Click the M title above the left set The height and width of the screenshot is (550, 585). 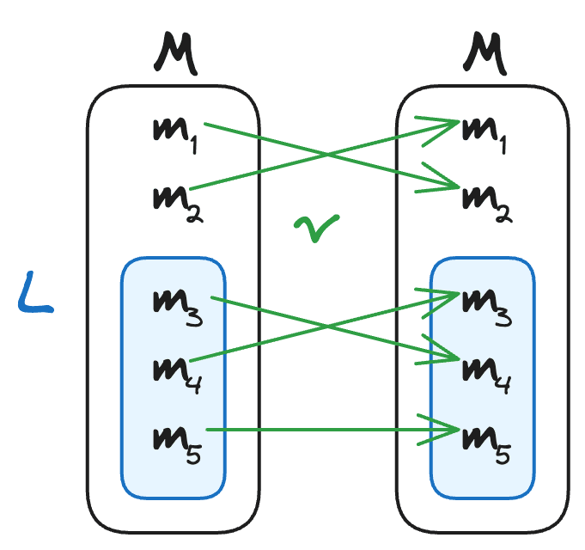(175, 53)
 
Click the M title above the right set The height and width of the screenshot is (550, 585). (484, 53)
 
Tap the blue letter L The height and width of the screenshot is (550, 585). (34, 292)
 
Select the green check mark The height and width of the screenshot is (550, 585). (317, 228)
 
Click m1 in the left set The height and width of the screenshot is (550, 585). (175, 135)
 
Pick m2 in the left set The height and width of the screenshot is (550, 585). (178, 204)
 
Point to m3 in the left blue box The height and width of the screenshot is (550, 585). (178, 308)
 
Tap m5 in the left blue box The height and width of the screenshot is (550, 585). (177, 445)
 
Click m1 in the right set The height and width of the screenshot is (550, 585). (484, 135)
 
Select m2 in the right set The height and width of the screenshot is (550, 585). (487, 204)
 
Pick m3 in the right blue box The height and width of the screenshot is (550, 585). (487, 308)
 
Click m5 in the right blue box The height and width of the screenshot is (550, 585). (486, 445)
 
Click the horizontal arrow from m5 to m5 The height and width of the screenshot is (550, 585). (332, 430)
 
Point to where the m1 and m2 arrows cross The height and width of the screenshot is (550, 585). (327, 155)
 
